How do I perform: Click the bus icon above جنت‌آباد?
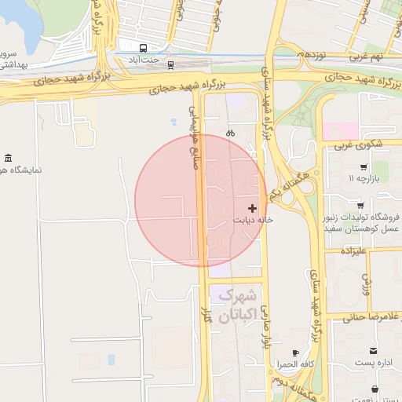tap(144, 46)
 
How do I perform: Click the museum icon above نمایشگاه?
tap(8, 159)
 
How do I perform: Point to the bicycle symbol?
tap(230, 133)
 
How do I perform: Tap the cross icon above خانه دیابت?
tap(252, 208)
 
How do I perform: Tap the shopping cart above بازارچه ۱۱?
tap(363, 167)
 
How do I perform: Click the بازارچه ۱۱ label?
tap(363, 180)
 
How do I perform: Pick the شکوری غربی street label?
tap(358, 145)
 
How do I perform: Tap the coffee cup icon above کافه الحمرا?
tap(295, 353)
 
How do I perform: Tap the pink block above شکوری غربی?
tap(340, 130)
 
